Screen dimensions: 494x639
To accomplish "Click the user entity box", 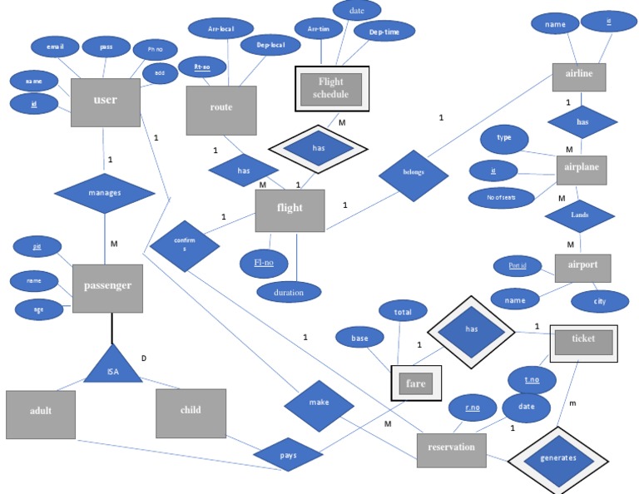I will coord(106,101).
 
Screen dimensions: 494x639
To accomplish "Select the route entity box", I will coord(221,108).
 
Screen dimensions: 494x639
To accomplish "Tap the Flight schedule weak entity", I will coord(331,88).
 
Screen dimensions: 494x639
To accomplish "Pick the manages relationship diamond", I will coord(105,193).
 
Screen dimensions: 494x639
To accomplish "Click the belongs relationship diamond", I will coord(414,174).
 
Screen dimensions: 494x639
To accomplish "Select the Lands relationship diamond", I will coord(579,215).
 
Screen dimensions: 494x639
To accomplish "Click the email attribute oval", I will coord(55,47).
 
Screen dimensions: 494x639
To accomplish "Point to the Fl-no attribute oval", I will coord(265,264).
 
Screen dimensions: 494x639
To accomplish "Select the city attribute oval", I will coord(599,301).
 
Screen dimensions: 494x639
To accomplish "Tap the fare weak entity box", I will coord(416,383).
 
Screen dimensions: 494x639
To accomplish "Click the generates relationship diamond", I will coord(557,459).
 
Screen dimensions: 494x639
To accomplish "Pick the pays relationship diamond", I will coord(288,456).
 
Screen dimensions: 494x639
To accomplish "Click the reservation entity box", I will coord(451,448).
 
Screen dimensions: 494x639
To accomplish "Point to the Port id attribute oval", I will coord(517,266).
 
